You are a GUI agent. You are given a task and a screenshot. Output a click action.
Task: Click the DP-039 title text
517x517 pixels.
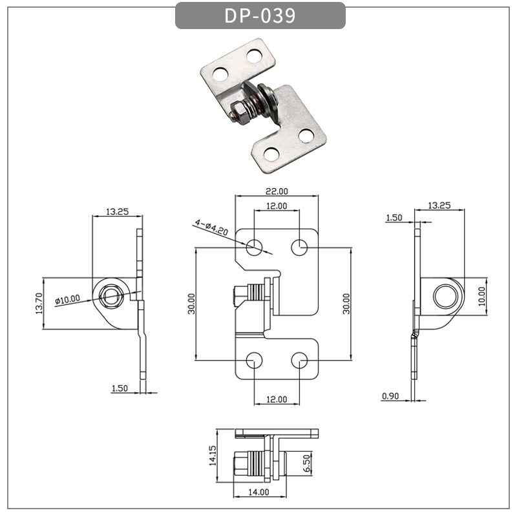coord(260,16)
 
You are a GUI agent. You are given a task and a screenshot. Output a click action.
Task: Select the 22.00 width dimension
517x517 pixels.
coord(277,191)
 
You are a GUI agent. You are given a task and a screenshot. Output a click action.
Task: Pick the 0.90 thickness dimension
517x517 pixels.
coord(390,396)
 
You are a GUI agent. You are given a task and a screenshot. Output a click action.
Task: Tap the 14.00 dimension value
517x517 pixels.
coord(258,492)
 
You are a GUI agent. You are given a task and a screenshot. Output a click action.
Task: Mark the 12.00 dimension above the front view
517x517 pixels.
coord(277,206)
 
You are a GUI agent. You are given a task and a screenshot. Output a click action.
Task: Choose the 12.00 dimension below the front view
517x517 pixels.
coord(277,399)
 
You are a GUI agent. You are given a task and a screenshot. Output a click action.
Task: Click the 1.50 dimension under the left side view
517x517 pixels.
coord(120,388)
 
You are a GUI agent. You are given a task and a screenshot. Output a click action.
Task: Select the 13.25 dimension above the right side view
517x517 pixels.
coord(439,206)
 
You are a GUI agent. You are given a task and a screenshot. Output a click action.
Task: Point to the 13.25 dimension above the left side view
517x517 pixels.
coord(116,211)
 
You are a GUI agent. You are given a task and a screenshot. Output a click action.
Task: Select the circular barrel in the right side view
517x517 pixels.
coord(445,295)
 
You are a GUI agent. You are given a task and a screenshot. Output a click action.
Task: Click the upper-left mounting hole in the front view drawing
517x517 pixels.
coord(255,246)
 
